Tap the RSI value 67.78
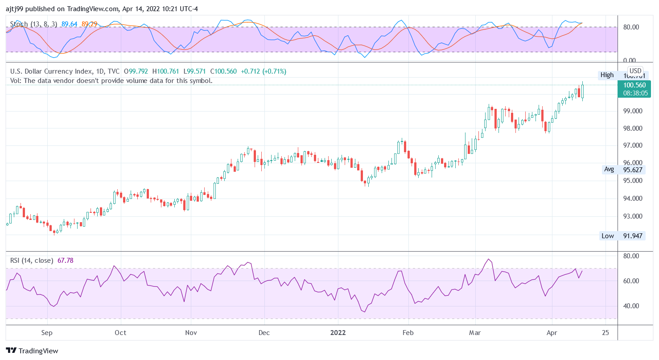point(66,261)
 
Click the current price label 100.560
point(634,85)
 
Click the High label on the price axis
point(607,75)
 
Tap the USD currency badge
point(635,71)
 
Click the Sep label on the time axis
point(47,333)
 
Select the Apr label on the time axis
point(552,333)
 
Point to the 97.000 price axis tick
point(632,146)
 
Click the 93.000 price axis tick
point(632,216)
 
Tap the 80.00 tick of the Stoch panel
point(631,27)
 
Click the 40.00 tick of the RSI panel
point(631,306)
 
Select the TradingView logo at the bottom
point(32,351)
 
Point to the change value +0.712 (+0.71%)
point(264,71)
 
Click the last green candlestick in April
point(582,91)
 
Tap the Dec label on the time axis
point(264,333)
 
